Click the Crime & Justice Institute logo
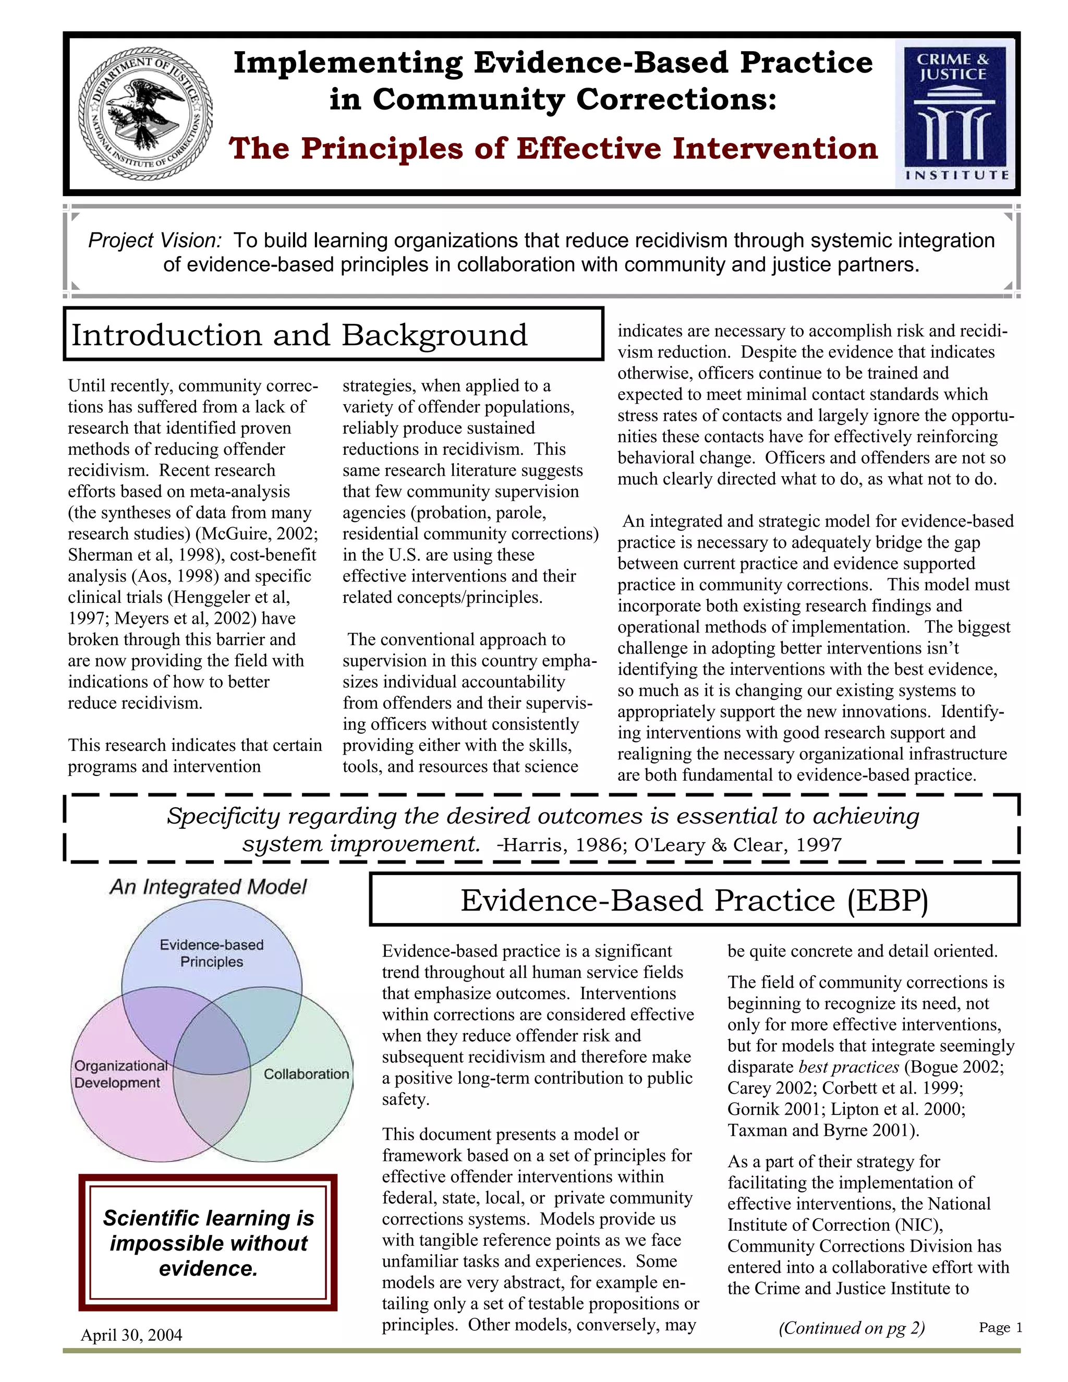(x=953, y=114)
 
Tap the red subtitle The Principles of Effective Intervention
(x=553, y=149)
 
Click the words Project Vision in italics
(x=155, y=241)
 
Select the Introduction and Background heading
(x=299, y=335)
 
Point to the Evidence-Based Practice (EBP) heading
(x=694, y=901)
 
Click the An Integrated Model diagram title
(x=208, y=887)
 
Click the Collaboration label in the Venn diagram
(x=306, y=1074)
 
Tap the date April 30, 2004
(x=131, y=1335)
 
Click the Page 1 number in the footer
(x=1000, y=1328)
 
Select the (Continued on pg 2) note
(x=851, y=1328)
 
